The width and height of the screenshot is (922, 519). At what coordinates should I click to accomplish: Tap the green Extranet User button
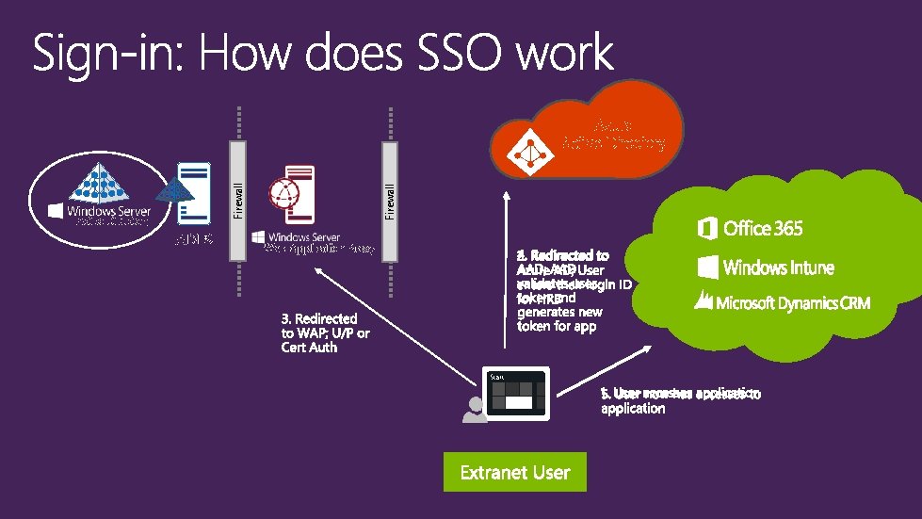(515, 472)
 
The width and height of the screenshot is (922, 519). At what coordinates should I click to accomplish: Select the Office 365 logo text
(751, 228)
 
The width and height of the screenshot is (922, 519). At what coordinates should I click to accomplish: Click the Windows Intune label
(766, 268)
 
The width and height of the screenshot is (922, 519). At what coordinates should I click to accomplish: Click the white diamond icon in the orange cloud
(526, 147)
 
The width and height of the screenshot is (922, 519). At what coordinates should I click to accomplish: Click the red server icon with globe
(285, 199)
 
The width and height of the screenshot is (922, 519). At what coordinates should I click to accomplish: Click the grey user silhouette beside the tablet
(475, 410)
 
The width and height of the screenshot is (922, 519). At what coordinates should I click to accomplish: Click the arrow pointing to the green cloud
(603, 368)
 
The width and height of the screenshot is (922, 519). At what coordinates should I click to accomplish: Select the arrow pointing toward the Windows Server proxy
(396, 321)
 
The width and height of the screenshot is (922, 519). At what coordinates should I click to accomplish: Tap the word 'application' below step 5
(633, 409)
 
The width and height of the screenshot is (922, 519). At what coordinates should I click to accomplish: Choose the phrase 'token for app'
(556, 326)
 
